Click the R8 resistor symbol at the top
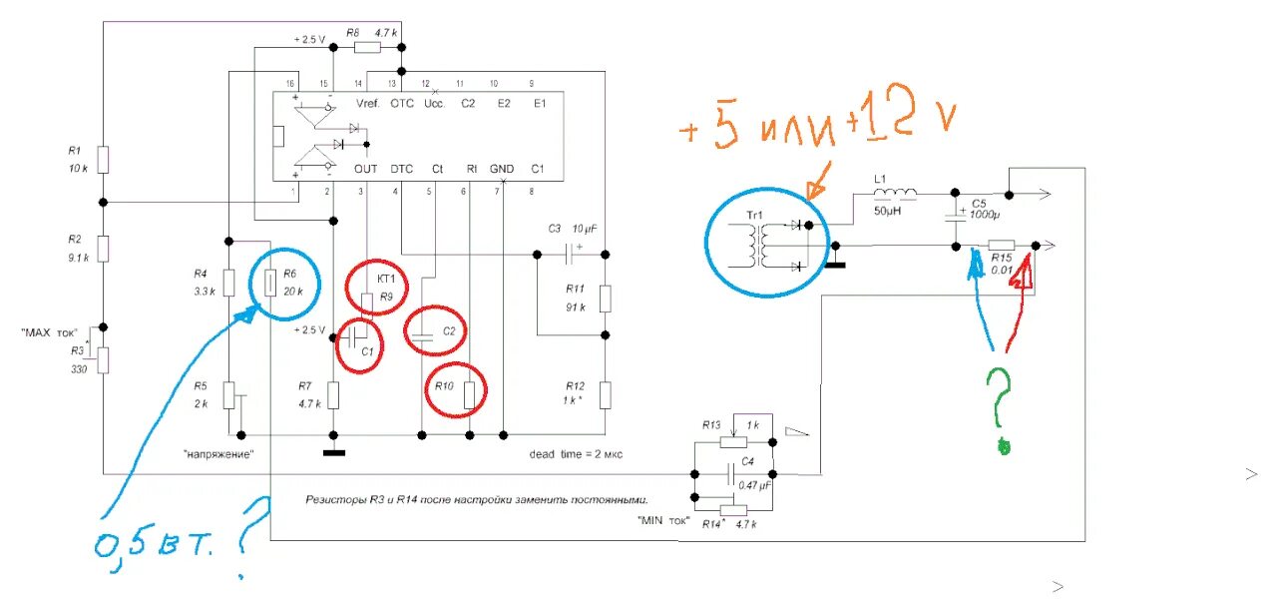pyautogui.click(x=367, y=46)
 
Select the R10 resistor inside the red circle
pyautogui.click(x=469, y=396)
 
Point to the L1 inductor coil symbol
pyautogui.click(x=897, y=194)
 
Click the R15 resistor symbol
pyautogui.click(x=1001, y=246)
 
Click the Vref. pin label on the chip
pyautogui.click(x=366, y=103)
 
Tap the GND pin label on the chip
pyautogui.click(x=502, y=169)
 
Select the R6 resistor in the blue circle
pyautogui.click(x=270, y=283)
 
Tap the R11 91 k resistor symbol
pyautogui.click(x=606, y=299)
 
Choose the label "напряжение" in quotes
pyautogui.click(x=218, y=453)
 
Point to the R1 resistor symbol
pyautogui.click(x=104, y=159)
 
